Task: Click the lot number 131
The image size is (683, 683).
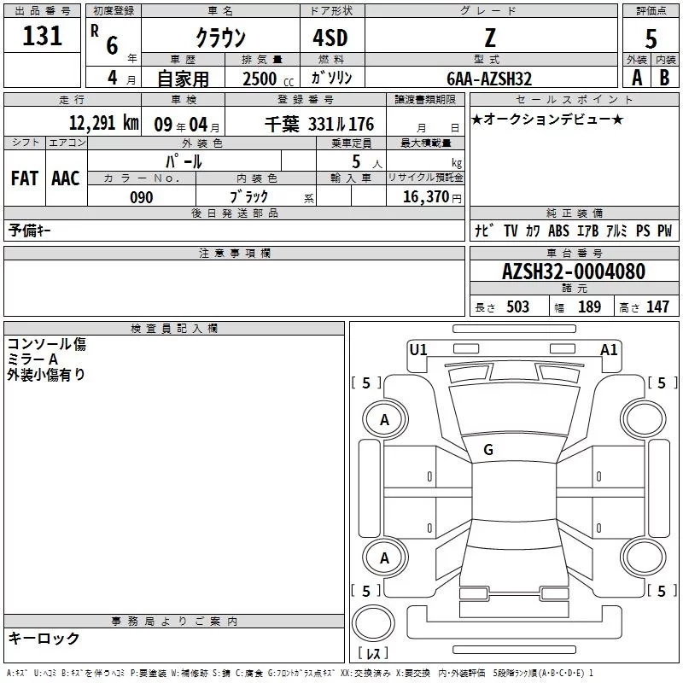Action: pyautogui.click(x=42, y=36)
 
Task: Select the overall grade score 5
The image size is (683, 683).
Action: pyautogui.click(x=651, y=39)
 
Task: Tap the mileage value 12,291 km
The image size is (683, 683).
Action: pyautogui.click(x=104, y=123)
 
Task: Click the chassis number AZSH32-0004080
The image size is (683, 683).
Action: pyautogui.click(x=574, y=271)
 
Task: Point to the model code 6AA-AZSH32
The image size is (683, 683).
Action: pyautogui.click(x=489, y=79)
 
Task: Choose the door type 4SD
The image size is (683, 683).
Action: pyautogui.click(x=330, y=38)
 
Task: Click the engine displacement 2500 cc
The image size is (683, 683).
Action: pyautogui.click(x=268, y=79)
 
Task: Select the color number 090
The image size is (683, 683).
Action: pyautogui.click(x=142, y=197)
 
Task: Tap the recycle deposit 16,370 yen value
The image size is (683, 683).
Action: pyautogui.click(x=432, y=197)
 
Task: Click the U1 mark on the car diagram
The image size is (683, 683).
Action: pyautogui.click(x=418, y=350)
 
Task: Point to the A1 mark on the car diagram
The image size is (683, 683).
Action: pyautogui.click(x=609, y=350)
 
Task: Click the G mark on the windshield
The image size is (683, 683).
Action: pyautogui.click(x=488, y=450)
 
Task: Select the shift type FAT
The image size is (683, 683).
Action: pyautogui.click(x=25, y=178)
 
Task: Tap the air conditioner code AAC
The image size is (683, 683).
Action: pyautogui.click(x=66, y=178)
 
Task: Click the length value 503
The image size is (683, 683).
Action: pyautogui.click(x=517, y=306)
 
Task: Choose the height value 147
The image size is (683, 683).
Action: pyautogui.click(x=657, y=306)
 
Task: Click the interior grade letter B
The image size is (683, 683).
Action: pyautogui.click(x=664, y=78)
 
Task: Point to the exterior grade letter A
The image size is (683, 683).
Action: pyautogui.click(x=637, y=78)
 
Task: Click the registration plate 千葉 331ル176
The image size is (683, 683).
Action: pyautogui.click(x=319, y=124)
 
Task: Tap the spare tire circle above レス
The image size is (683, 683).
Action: pyautogui.click(x=373, y=624)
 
